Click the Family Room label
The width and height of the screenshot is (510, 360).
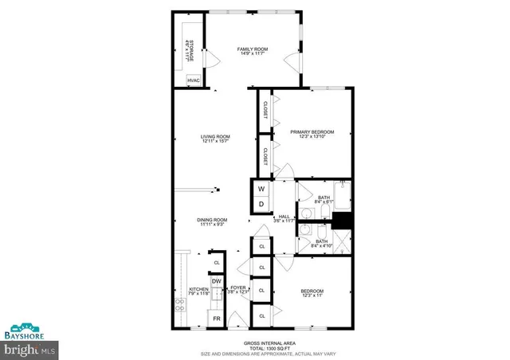tap(252, 52)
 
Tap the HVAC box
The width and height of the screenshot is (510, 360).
tap(194, 80)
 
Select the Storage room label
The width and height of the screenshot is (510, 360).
tap(188, 51)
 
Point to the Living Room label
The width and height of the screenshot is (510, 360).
tap(215, 139)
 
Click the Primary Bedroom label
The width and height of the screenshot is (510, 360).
tap(312, 135)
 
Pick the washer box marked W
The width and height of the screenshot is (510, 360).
tap(261, 189)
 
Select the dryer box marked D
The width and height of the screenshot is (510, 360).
tap(261, 204)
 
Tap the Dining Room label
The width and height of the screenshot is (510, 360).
tap(213, 222)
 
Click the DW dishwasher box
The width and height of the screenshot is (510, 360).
tap(216, 282)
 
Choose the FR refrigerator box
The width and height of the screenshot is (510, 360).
tap(215, 319)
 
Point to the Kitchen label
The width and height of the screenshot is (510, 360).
tap(198, 292)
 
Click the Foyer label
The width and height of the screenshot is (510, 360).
tap(238, 289)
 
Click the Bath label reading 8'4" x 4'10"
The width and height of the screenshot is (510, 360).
tap(322, 243)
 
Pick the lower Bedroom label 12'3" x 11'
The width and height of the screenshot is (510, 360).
tap(312, 294)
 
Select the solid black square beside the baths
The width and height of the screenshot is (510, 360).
tap(343, 222)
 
